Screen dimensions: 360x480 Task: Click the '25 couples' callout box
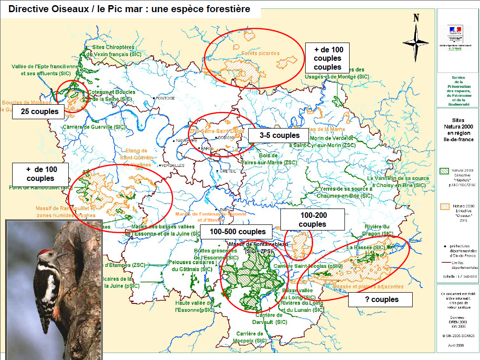40,112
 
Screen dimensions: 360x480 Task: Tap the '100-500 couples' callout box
237,231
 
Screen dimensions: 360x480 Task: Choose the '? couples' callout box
381,299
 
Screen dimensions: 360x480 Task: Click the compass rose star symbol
416,42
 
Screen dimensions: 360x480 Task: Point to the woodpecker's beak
61,255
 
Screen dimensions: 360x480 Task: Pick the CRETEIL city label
226,171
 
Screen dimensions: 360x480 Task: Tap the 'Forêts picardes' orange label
260,53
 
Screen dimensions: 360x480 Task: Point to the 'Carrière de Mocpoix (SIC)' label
251,337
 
